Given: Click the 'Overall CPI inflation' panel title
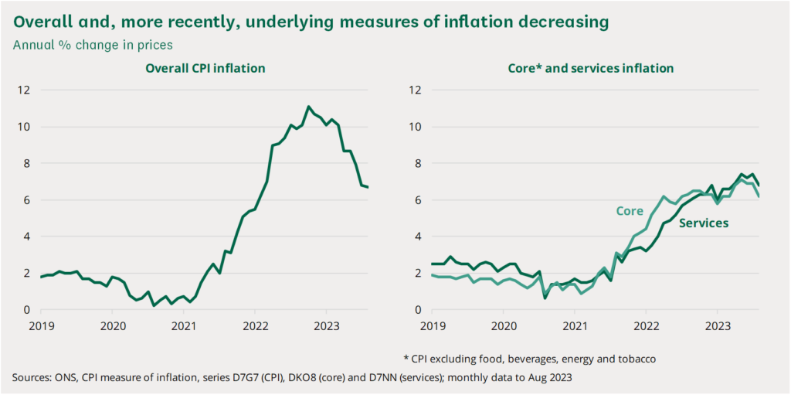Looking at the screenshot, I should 205,69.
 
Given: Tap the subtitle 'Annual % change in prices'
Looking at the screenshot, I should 93,45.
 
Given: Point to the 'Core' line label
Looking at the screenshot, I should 630,210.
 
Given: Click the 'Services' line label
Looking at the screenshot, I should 704,223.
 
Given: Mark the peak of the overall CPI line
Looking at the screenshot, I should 308,107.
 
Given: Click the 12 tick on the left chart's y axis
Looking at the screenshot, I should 25,90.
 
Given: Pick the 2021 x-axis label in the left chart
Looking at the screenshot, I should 184,325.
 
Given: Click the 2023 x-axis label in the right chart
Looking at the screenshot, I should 718,325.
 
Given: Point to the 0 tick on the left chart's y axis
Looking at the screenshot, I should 29,310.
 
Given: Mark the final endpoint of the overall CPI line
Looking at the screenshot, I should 368,187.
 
